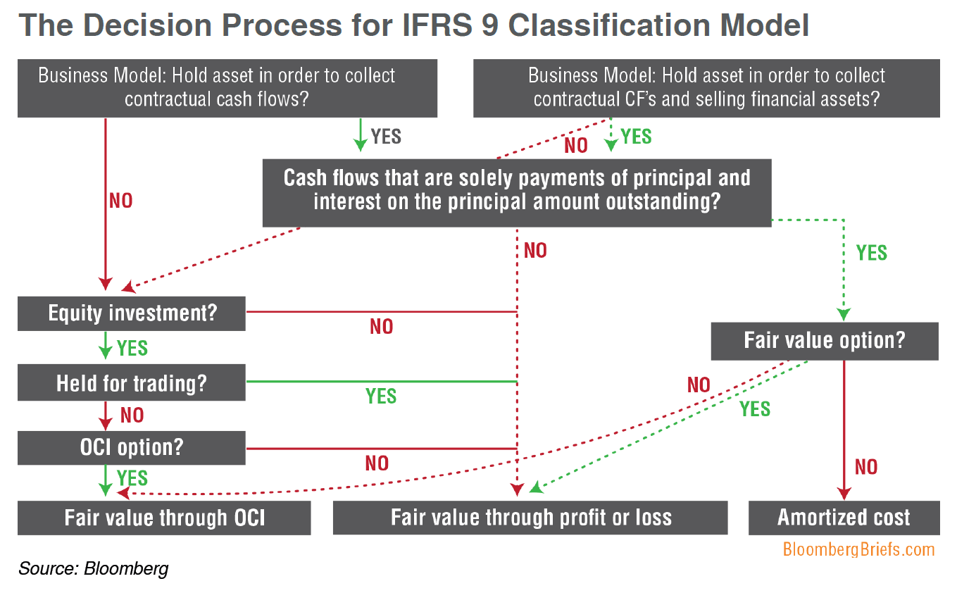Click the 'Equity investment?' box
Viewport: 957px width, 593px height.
pyautogui.click(x=132, y=313)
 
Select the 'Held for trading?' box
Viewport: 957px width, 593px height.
pyautogui.click(x=132, y=383)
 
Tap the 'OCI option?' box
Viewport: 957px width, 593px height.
pyautogui.click(x=132, y=447)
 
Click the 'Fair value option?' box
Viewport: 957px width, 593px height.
pyautogui.click(x=824, y=342)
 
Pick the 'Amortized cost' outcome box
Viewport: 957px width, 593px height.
pyautogui.click(x=844, y=518)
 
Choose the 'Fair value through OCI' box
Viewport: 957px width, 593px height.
pyautogui.click(x=164, y=518)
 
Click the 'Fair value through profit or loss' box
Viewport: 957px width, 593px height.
pyautogui.click(x=530, y=518)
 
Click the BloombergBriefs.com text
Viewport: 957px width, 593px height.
pyautogui.click(x=858, y=549)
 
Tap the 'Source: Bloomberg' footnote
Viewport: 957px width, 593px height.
pyautogui.click(x=94, y=568)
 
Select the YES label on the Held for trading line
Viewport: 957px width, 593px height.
pyautogui.click(x=381, y=397)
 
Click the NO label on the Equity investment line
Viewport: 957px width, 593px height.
pyautogui.click(x=381, y=327)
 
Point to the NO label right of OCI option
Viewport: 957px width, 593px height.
pyautogui.click(x=377, y=463)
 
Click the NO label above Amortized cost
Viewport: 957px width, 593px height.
pyautogui.click(x=866, y=467)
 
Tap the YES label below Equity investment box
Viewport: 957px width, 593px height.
pyautogui.click(x=132, y=348)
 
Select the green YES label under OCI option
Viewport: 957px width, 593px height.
pyautogui.click(x=132, y=478)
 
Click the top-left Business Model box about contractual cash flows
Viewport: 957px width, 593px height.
pyautogui.click(x=227, y=87)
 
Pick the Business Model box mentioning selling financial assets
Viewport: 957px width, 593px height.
pyautogui.click(x=706, y=87)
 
